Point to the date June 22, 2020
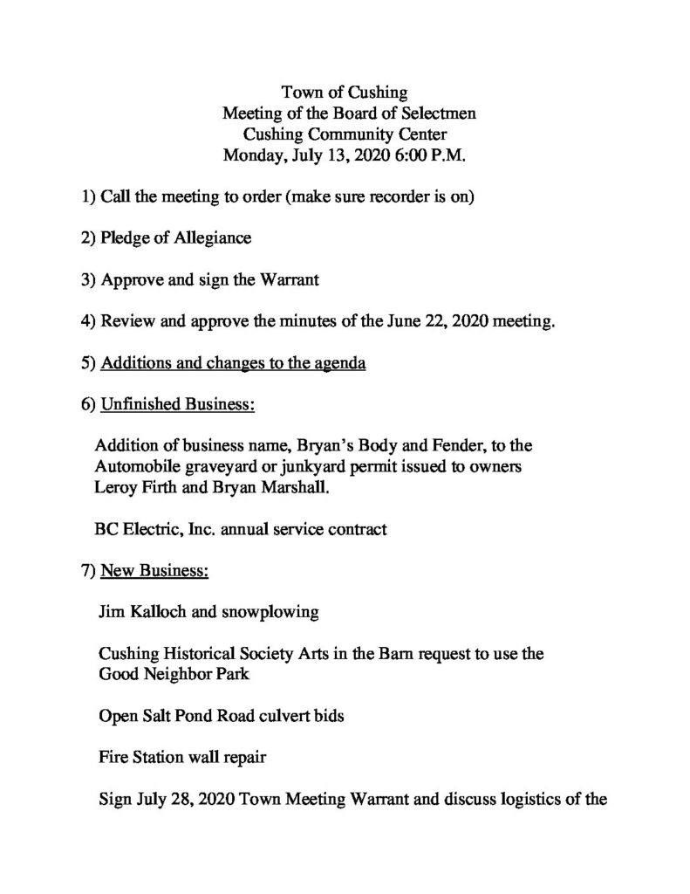[435, 321]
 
